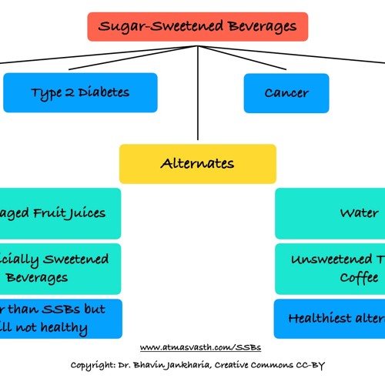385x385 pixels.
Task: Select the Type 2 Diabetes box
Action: pyautogui.click(x=80, y=92)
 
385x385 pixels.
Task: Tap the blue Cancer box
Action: pyautogui.click(x=286, y=92)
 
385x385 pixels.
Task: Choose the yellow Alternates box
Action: pyautogui.click(x=197, y=163)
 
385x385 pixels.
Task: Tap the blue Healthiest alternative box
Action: pyautogui.click(x=330, y=318)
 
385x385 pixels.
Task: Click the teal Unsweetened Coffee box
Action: pyautogui.click(x=330, y=268)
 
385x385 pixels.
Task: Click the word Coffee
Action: pyautogui.click(x=360, y=277)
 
